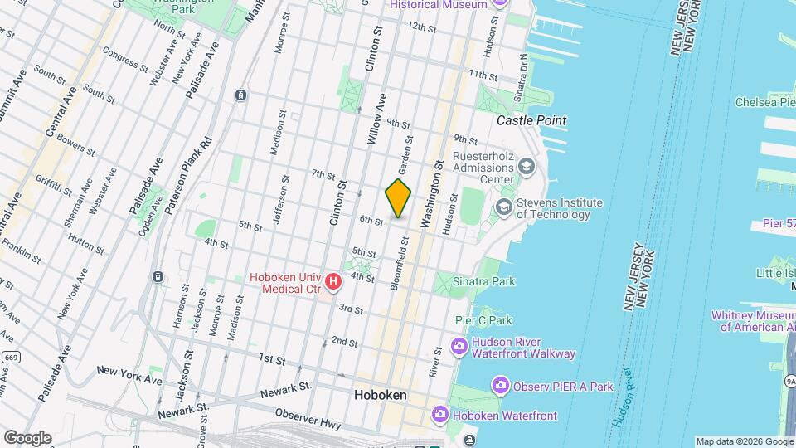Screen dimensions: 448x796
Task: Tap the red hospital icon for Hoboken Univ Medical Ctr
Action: click(333, 282)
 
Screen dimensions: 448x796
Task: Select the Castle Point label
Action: click(531, 120)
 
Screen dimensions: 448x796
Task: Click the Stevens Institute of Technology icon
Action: click(504, 206)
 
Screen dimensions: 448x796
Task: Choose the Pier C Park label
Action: click(483, 320)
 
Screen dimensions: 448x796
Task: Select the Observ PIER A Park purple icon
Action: click(500, 386)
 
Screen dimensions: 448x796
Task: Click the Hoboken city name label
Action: click(380, 396)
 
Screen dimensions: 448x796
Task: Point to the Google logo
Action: click(27, 437)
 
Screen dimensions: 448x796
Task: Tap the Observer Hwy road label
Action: click(307, 418)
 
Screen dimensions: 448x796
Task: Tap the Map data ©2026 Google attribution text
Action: click(744, 441)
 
